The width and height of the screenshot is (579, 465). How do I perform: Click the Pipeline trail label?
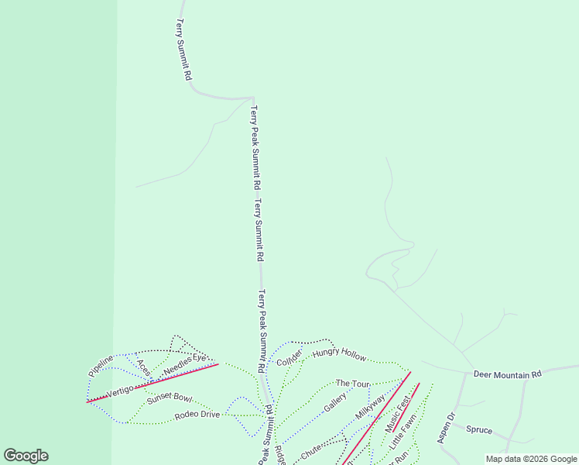coord(101,365)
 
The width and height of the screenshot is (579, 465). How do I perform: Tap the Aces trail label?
coord(144,367)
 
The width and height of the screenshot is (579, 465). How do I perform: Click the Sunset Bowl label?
coord(169,398)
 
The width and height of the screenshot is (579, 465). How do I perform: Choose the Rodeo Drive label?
coord(197,415)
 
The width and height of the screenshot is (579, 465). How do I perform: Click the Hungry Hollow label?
coord(339,355)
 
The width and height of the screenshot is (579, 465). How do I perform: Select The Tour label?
coord(352,384)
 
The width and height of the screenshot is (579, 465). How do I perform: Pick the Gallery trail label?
coord(335,402)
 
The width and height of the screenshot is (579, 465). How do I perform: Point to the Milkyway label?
coord(370,408)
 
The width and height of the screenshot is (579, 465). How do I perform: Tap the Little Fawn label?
coord(403,433)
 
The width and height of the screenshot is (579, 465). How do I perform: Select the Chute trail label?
coord(310,450)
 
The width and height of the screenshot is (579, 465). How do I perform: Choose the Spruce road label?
coord(479,429)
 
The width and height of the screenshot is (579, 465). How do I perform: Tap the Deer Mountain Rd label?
coord(507,375)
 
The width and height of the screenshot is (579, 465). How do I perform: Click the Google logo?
coord(26,456)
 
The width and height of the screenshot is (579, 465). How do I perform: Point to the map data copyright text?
coord(531,459)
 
